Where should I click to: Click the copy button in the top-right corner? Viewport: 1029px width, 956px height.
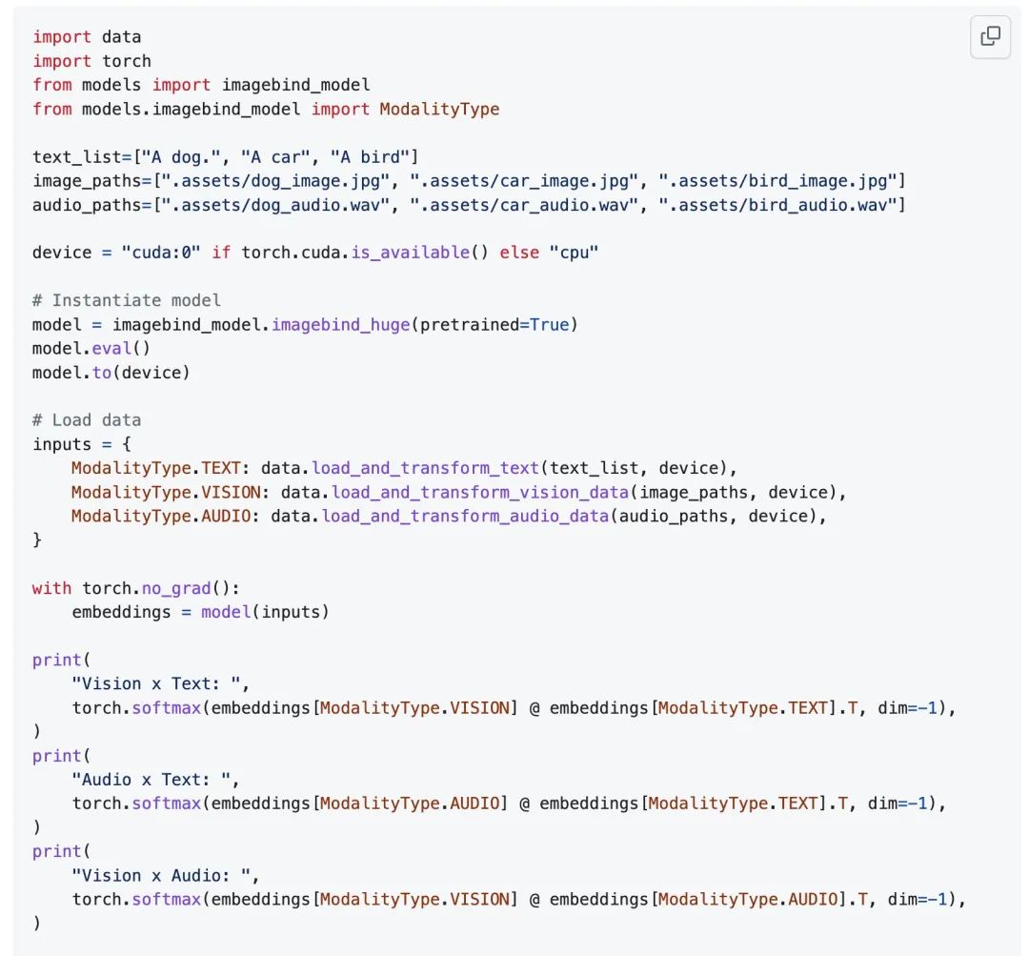pos(990,36)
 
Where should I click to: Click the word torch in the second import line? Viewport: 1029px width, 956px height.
pos(127,61)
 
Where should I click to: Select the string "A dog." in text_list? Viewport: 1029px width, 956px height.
pos(181,157)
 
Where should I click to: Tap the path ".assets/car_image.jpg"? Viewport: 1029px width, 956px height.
pos(524,181)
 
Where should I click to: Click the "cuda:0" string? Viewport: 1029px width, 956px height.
pos(161,253)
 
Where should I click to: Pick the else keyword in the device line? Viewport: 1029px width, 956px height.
pos(518,253)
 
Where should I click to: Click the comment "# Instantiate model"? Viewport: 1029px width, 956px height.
pos(126,301)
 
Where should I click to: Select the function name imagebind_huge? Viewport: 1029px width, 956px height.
pos(340,325)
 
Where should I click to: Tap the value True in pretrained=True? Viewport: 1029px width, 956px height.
pos(549,325)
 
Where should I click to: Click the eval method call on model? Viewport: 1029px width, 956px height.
pos(111,349)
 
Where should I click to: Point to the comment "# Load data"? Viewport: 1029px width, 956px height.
pos(87,420)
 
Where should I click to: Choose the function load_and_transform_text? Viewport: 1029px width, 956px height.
pos(425,468)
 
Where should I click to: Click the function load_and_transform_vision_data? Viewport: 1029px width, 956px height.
pos(479,493)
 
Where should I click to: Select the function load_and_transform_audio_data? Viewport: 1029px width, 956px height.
pos(465,516)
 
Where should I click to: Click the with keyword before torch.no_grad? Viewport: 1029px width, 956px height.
pos(51,588)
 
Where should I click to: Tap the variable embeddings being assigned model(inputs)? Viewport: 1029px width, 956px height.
pos(121,612)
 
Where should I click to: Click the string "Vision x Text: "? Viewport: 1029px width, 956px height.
pos(155,684)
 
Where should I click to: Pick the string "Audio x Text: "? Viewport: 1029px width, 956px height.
pos(151,780)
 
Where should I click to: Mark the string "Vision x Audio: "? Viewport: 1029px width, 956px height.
pos(161,876)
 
